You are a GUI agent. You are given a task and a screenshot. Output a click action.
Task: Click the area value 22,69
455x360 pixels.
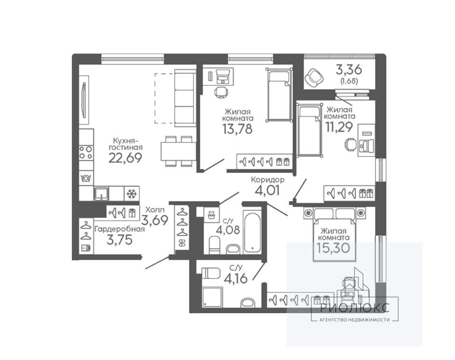point(125,158)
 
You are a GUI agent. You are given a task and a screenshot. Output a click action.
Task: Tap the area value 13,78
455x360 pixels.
point(237,129)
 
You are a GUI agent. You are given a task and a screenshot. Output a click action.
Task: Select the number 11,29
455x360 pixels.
point(339,127)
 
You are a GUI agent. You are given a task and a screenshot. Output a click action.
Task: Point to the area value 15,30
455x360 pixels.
point(334,248)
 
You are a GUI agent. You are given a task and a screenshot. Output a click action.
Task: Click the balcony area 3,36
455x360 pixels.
point(349,69)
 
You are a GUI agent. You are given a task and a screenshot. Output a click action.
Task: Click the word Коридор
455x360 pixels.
point(267,180)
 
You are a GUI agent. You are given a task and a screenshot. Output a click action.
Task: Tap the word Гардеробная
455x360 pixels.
point(120,229)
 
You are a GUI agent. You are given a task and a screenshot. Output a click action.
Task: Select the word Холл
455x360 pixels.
point(155,209)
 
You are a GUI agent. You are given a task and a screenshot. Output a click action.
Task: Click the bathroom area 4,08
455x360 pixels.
point(228,230)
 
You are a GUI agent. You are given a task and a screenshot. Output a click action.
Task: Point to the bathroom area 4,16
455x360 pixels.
point(235,279)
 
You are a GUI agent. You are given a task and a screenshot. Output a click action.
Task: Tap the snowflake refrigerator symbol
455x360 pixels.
point(132,194)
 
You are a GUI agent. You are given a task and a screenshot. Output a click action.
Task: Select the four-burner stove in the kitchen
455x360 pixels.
point(86,152)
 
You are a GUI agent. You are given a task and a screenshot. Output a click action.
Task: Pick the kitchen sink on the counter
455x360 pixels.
point(101,194)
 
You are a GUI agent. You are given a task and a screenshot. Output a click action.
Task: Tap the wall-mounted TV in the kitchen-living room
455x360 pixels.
point(84,100)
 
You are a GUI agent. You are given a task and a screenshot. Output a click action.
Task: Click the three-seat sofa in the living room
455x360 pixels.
point(184,98)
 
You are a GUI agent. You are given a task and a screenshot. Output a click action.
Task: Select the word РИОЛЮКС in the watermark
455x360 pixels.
point(355,308)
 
